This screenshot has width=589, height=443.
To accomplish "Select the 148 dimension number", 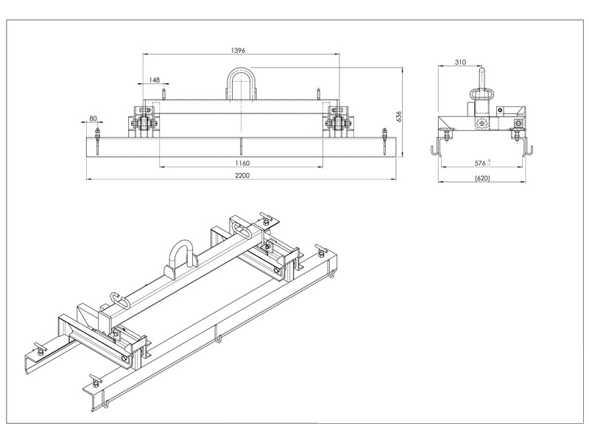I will (x=155, y=79).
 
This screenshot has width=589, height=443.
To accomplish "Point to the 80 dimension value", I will (x=94, y=118).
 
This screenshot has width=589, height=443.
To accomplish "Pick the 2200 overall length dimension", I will (x=243, y=175).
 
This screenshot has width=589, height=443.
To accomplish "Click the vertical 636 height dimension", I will (x=398, y=116).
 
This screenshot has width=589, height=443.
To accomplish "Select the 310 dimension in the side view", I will (x=461, y=63).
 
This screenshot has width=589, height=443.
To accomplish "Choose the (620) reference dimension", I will (x=482, y=178).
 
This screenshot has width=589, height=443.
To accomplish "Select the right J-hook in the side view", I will (x=527, y=148).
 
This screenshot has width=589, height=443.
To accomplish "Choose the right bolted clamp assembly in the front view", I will (x=338, y=122).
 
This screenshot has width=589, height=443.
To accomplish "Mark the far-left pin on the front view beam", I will (x=97, y=140).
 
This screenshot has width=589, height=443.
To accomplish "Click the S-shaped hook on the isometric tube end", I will (x=117, y=299).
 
